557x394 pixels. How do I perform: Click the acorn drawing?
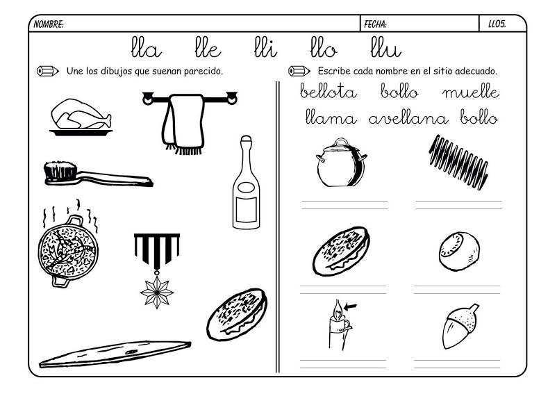pos(459,327)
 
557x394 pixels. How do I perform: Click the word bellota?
pos(329,92)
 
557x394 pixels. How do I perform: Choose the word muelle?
pos(469,92)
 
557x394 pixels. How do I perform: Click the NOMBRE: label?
pos(49,24)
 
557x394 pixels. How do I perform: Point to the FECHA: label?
pos(376,24)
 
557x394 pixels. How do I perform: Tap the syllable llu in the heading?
pos(385,49)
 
